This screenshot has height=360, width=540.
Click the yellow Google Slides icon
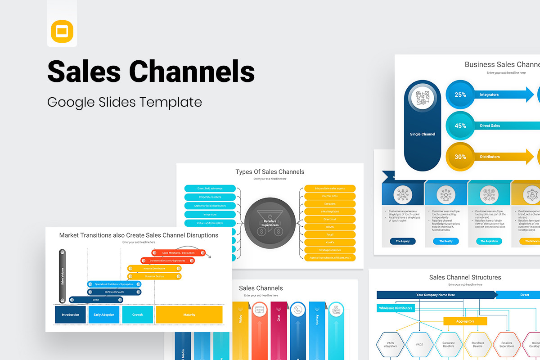[62, 31]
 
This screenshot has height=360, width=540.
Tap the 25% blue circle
[460, 95]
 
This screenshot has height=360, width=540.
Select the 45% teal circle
[460, 126]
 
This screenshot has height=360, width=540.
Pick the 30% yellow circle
[460, 157]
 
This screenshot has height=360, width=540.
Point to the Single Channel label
[423, 134]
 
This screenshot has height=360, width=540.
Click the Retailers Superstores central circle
[270, 223]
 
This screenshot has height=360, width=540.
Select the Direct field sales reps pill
[210, 188]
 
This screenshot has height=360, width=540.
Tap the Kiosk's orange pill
[330, 242]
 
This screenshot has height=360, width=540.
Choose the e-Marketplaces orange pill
[330, 211]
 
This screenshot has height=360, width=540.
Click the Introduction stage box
[70, 315]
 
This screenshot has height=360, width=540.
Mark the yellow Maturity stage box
[189, 315]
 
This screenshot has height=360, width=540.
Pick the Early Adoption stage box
[104, 315]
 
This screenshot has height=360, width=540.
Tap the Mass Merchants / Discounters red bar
[179, 253]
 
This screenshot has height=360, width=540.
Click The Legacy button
[402, 241]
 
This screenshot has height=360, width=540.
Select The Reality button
[445, 241]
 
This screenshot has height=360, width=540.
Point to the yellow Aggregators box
[465, 321]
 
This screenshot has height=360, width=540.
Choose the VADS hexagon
[419, 345]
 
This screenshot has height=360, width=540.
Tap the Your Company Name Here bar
[435, 295]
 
